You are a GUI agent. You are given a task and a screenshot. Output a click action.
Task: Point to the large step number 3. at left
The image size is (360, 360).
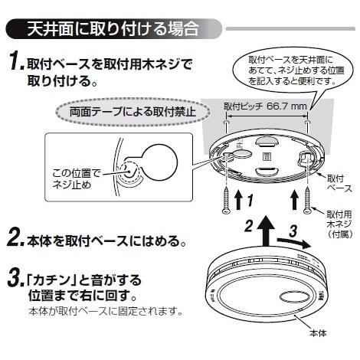15,279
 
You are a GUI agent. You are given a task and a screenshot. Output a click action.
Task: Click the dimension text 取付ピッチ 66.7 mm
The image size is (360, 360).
265,106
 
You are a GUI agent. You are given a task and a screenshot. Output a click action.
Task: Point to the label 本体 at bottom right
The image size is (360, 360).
317,333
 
